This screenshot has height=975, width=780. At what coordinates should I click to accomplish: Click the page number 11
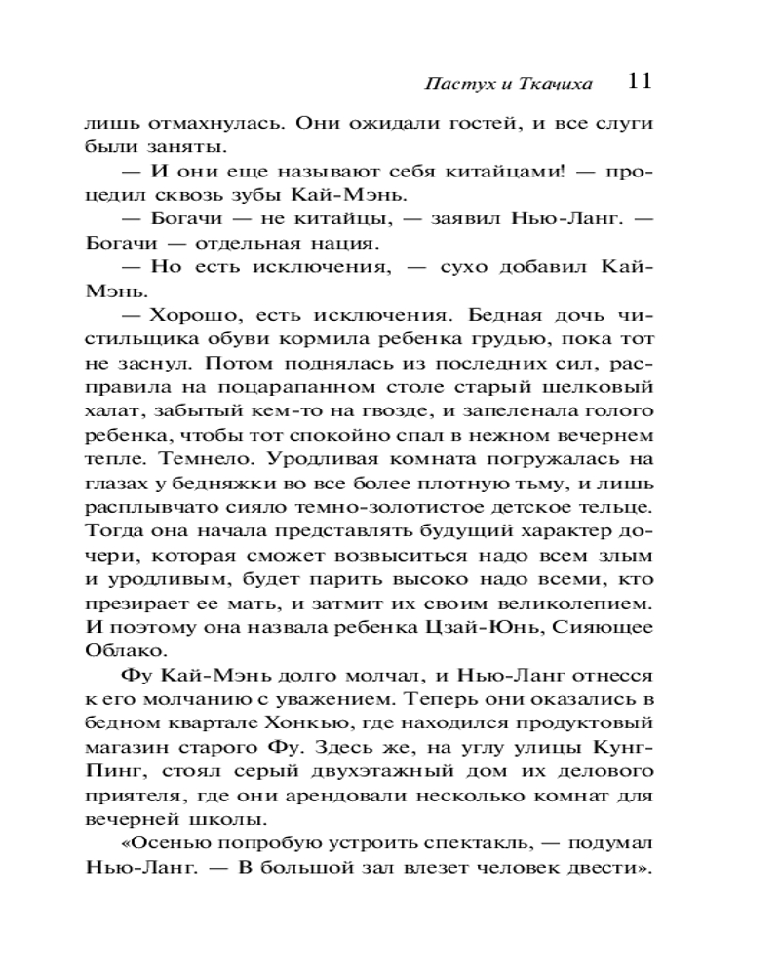[x=640, y=81]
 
